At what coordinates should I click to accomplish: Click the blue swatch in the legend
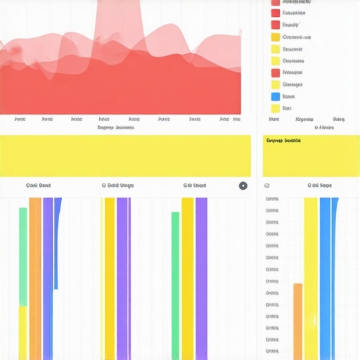pyautogui.click(x=275, y=96)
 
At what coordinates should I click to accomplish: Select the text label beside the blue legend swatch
pyautogui.click(x=289, y=96)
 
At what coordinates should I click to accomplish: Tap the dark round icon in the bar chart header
pyautogui.click(x=243, y=186)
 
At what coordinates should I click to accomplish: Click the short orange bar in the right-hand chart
pyautogui.click(x=297, y=321)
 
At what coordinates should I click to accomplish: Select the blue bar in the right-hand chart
pyautogui.click(x=325, y=278)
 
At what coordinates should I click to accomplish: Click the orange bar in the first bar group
pyautogui.click(x=35, y=278)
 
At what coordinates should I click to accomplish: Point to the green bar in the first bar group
pyautogui.click(x=23, y=257)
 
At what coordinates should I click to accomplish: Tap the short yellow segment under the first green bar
pyautogui.click(x=23, y=333)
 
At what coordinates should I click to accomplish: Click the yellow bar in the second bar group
pyautogui.click(x=110, y=278)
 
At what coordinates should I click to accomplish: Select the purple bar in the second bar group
pyautogui.click(x=123, y=278)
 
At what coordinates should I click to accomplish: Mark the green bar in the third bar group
pyautogui.click(x=175, y=285)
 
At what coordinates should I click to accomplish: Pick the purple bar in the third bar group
pyautogui.click(x=201, y=278)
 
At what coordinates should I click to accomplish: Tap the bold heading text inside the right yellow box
pyautogui.click(x=283, y=141)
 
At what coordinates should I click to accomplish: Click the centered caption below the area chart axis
pyautogui.click(x=116, y=128)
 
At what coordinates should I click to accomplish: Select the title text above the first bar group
pyautogui.click(x=38, y=186)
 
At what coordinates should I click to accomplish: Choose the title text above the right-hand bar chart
pyautogui.click(x=319, y=186)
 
